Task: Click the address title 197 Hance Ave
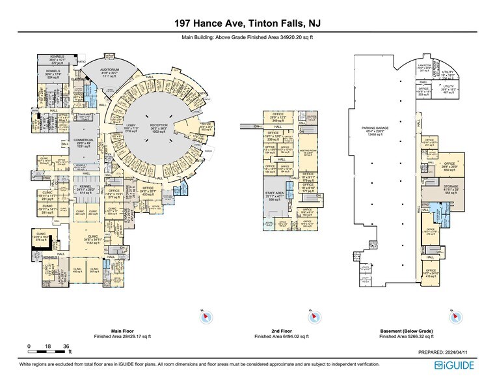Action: point(247,24)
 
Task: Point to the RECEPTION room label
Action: point(159,126)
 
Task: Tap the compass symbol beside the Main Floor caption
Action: point(206,317)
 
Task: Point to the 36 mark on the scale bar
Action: point(65,346)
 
